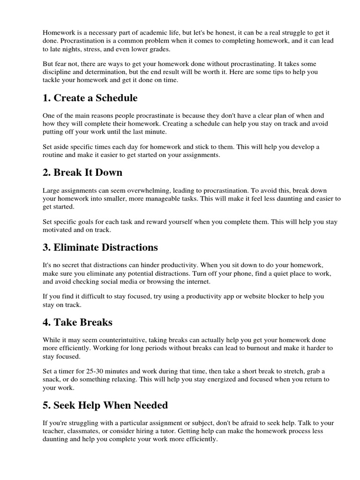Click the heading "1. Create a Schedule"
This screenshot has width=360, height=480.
pos(90,98)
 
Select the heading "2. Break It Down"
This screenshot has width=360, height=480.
pos(82,172)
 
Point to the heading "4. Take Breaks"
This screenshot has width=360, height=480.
pos(77,322)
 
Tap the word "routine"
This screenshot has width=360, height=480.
pos(53,155)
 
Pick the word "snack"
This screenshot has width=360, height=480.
pos(52,379)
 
